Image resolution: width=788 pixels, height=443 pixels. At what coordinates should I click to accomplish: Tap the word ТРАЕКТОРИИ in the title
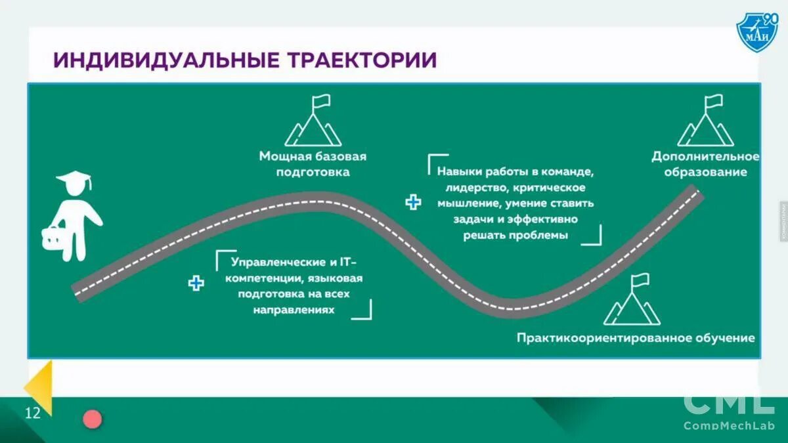pos(362,60)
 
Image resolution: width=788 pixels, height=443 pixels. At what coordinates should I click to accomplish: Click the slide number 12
pos(33,413)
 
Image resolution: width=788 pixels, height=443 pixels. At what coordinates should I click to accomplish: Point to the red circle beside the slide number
pos(93,419)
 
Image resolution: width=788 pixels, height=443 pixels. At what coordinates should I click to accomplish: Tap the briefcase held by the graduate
pos(52,238)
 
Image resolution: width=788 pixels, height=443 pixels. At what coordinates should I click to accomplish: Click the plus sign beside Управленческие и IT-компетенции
pos(196,284)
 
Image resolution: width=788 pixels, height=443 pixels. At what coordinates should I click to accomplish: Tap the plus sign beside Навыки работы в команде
pos(413,202)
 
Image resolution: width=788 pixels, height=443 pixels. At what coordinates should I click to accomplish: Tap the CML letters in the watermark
pos(729,404)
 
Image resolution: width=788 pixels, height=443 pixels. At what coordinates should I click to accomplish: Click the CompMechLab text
pos(729,426)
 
